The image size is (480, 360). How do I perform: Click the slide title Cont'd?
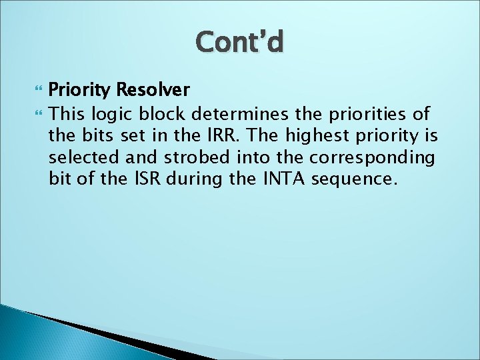[x=240, y=43]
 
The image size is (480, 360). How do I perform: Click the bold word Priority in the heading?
[x=81, y=90]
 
